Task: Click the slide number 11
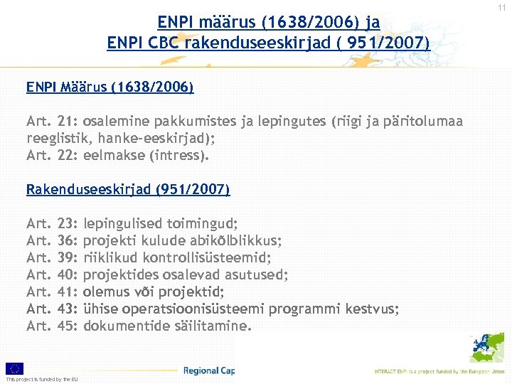coord(502,7)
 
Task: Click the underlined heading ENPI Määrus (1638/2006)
coord(110,87)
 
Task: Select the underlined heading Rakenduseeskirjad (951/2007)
coord(128,190)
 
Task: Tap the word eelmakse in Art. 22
coord(111,155)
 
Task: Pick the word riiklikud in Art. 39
coord(109,258)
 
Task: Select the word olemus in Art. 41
coord(107,292)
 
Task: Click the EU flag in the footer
coord(15,368)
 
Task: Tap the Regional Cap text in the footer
coord(208,370)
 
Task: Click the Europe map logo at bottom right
coord(486,348)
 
